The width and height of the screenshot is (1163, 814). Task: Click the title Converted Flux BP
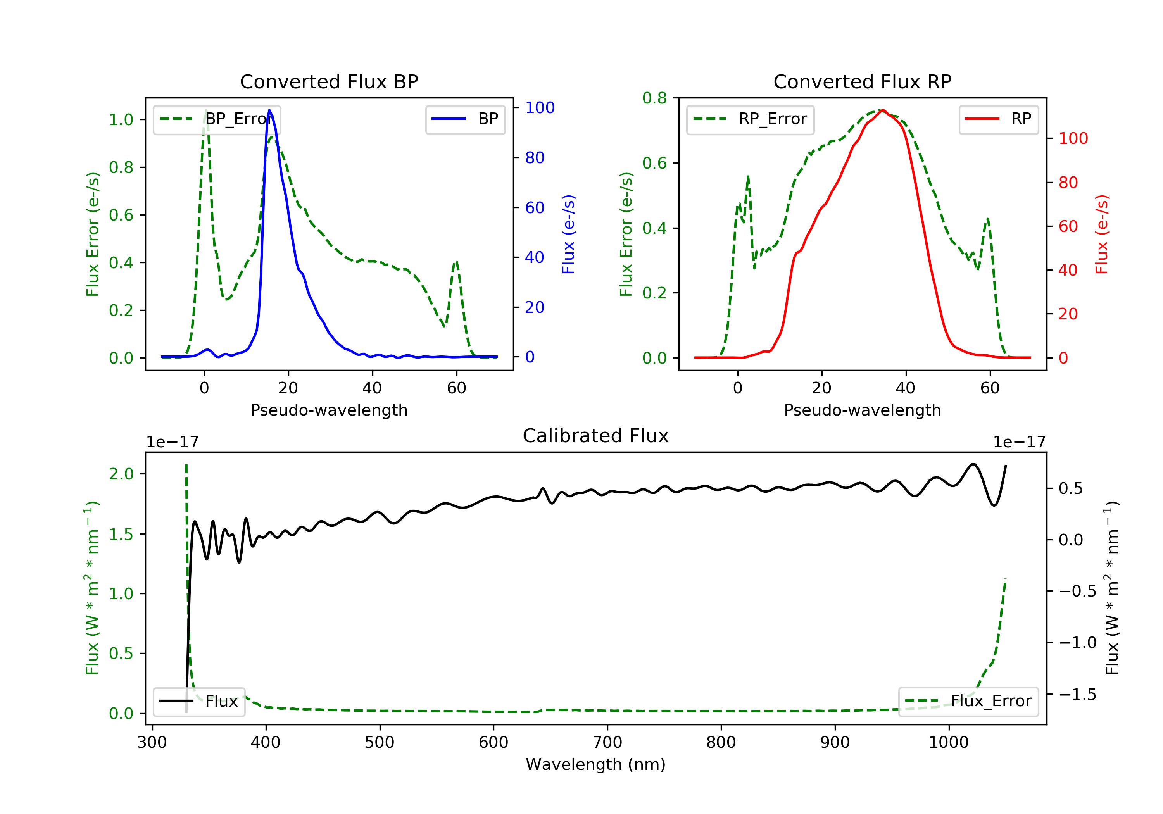(329, 81)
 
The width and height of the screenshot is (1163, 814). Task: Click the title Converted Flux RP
(862, 81)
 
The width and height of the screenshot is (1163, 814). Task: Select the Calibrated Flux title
(596, 436)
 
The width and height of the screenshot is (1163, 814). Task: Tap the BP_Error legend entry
(217, 119)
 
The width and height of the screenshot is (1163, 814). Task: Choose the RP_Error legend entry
(750, 119)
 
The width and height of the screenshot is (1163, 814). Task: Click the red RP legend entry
(998, 119)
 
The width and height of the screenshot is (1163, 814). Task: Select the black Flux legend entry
(199, 701)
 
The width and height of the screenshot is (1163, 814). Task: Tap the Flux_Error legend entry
(968, 701)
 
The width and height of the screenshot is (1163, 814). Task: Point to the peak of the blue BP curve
(269, 110)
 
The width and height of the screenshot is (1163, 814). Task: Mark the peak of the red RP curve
(882, 110)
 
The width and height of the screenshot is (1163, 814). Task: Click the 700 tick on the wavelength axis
(607, 743)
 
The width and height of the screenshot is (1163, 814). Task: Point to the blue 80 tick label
(535, 157)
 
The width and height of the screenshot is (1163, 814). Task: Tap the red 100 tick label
(1073, 138)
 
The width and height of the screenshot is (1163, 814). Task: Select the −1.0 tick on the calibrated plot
(1077, 643)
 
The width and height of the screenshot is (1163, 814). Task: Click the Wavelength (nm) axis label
(596, 764)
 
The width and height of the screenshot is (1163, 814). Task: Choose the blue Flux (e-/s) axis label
(568, 234)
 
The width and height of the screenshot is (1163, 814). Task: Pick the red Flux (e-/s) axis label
(1102, 234)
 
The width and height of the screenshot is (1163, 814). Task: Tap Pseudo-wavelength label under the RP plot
(862, 410)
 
